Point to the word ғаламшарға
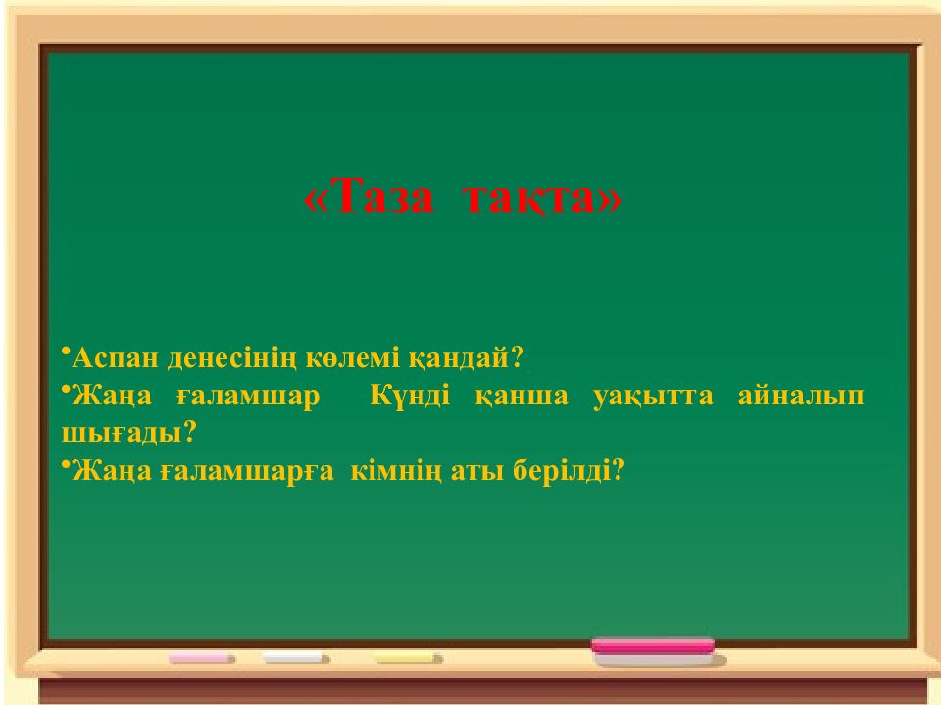[244, 471]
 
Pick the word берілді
[570, 471]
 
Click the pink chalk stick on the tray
[201, 659]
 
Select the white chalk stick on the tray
[296, 659]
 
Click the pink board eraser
[653, 647]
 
